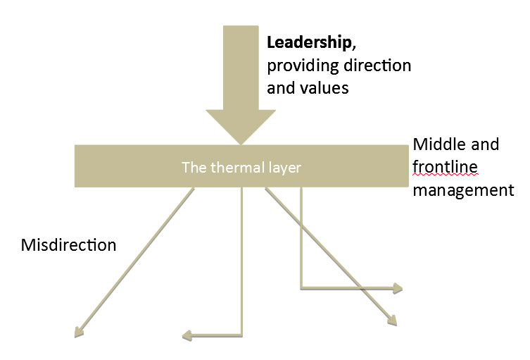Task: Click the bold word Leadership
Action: pyautogui.click(x=308, y=43)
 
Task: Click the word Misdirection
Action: pyautogui.click(x=68, y=245)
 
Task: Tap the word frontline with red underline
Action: pyautogui.click(x=446, y=167)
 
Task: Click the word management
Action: pyautogui.click(x=463, y=190)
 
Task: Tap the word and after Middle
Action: pyautogui.click(x=486, y=144)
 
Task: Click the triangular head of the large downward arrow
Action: pyautogui.click(x=241, y=127)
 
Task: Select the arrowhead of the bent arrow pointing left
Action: pyautogui.click(x=187, y=335)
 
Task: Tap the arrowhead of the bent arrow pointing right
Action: pyautogui.click(x=398, y=287)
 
